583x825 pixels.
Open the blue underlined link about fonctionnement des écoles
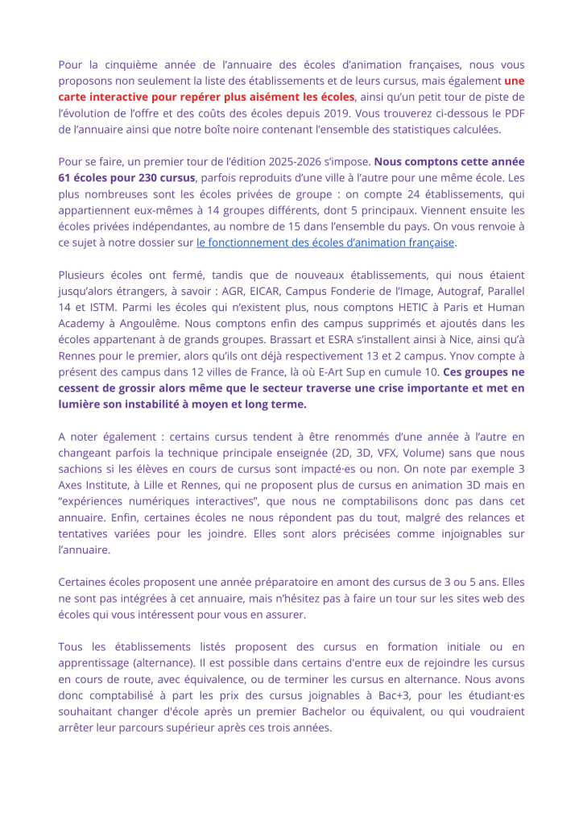[325, 242]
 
